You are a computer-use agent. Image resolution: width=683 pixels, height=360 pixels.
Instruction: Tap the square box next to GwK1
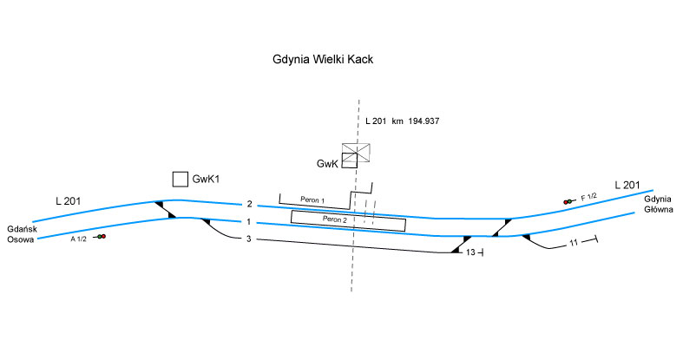click(x=180, y=179)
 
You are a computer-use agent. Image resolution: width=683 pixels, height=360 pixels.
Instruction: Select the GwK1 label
click(x=207, y=179)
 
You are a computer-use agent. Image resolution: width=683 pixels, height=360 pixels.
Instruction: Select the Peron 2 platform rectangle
click(x=348, y=220)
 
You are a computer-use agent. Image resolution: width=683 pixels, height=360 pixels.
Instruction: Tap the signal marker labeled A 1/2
click(x=102, y=236)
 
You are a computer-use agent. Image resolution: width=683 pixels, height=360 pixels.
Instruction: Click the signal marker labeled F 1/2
click(x=568, y=201)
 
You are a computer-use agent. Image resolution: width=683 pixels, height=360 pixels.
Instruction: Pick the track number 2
click(x=249, y=205)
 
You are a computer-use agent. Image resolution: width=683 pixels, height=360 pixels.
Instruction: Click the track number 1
click(x=249, y=222)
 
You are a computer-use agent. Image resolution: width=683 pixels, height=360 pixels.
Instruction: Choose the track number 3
click(x=249, y=239)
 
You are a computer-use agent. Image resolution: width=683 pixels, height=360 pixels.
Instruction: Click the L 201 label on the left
click(x=68, y=201)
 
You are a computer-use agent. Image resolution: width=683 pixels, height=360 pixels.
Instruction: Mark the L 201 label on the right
click(x=627, y=185)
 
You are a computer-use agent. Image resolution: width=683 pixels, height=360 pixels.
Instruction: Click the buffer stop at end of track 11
click(x=595, y=239)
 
